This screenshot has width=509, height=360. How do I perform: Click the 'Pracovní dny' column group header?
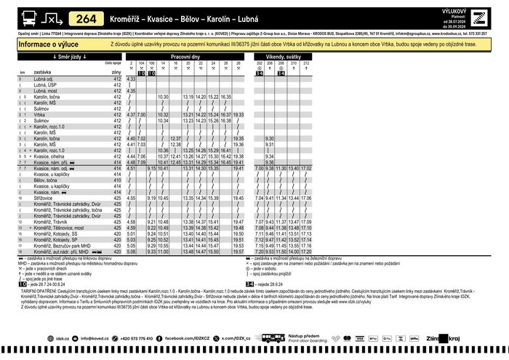click(190, 57)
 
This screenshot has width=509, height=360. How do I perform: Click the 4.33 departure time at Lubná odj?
click(131, 79)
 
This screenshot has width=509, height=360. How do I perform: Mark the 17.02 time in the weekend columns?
click(306, 168)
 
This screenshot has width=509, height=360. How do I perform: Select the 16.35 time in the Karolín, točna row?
click(225, 97)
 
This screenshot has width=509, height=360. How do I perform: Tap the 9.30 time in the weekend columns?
click(270, 138)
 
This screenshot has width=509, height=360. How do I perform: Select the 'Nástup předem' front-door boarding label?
click(305, 336)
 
